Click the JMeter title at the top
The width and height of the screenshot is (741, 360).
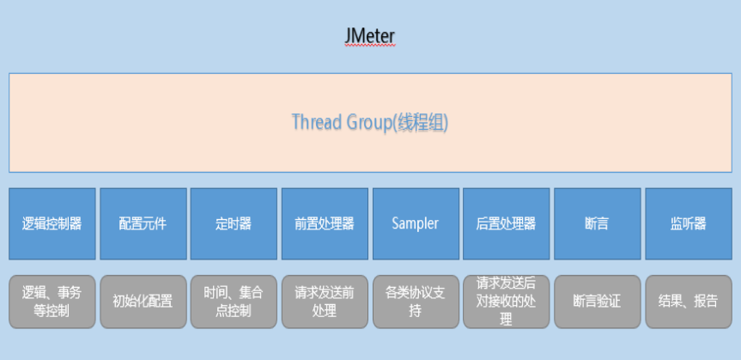(369, 37)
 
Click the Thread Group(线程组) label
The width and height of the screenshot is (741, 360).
(369, 122)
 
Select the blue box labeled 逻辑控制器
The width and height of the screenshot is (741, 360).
(52, 223)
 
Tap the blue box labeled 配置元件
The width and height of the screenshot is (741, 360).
(143, 223)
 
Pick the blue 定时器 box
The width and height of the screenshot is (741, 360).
(234, 223)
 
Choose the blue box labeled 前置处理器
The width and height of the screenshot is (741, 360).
(324, 223)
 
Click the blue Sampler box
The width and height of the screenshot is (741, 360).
(415, 223)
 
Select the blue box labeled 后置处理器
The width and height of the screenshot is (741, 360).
(506, 223)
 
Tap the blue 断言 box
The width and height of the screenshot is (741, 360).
(597, 223)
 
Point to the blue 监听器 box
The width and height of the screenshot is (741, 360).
(688, 223)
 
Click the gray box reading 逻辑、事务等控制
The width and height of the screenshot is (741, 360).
(52, 302)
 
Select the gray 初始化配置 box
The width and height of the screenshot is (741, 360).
(143, 302)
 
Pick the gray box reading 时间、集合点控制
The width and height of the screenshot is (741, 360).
(234, 302)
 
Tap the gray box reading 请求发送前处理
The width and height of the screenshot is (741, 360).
(324, 302)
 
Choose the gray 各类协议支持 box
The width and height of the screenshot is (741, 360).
(415, 302)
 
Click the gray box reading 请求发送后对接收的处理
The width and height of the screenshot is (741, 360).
(506, 302)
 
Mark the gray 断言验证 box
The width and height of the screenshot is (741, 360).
(597, 302)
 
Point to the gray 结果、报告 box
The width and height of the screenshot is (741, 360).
(688, 302)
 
